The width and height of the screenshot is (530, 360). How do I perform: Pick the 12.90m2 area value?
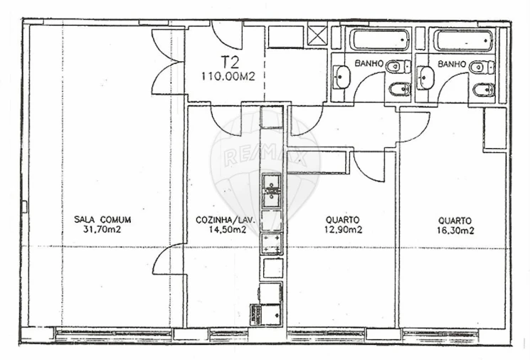tap(343, 230)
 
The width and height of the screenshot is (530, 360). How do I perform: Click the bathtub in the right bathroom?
tap(463, 41)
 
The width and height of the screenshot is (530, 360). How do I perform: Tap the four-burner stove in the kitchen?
tap(271, 242)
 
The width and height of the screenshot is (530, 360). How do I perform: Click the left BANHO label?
tap(369, 63)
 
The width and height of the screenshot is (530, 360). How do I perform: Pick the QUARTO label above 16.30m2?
tap(454, 220)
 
